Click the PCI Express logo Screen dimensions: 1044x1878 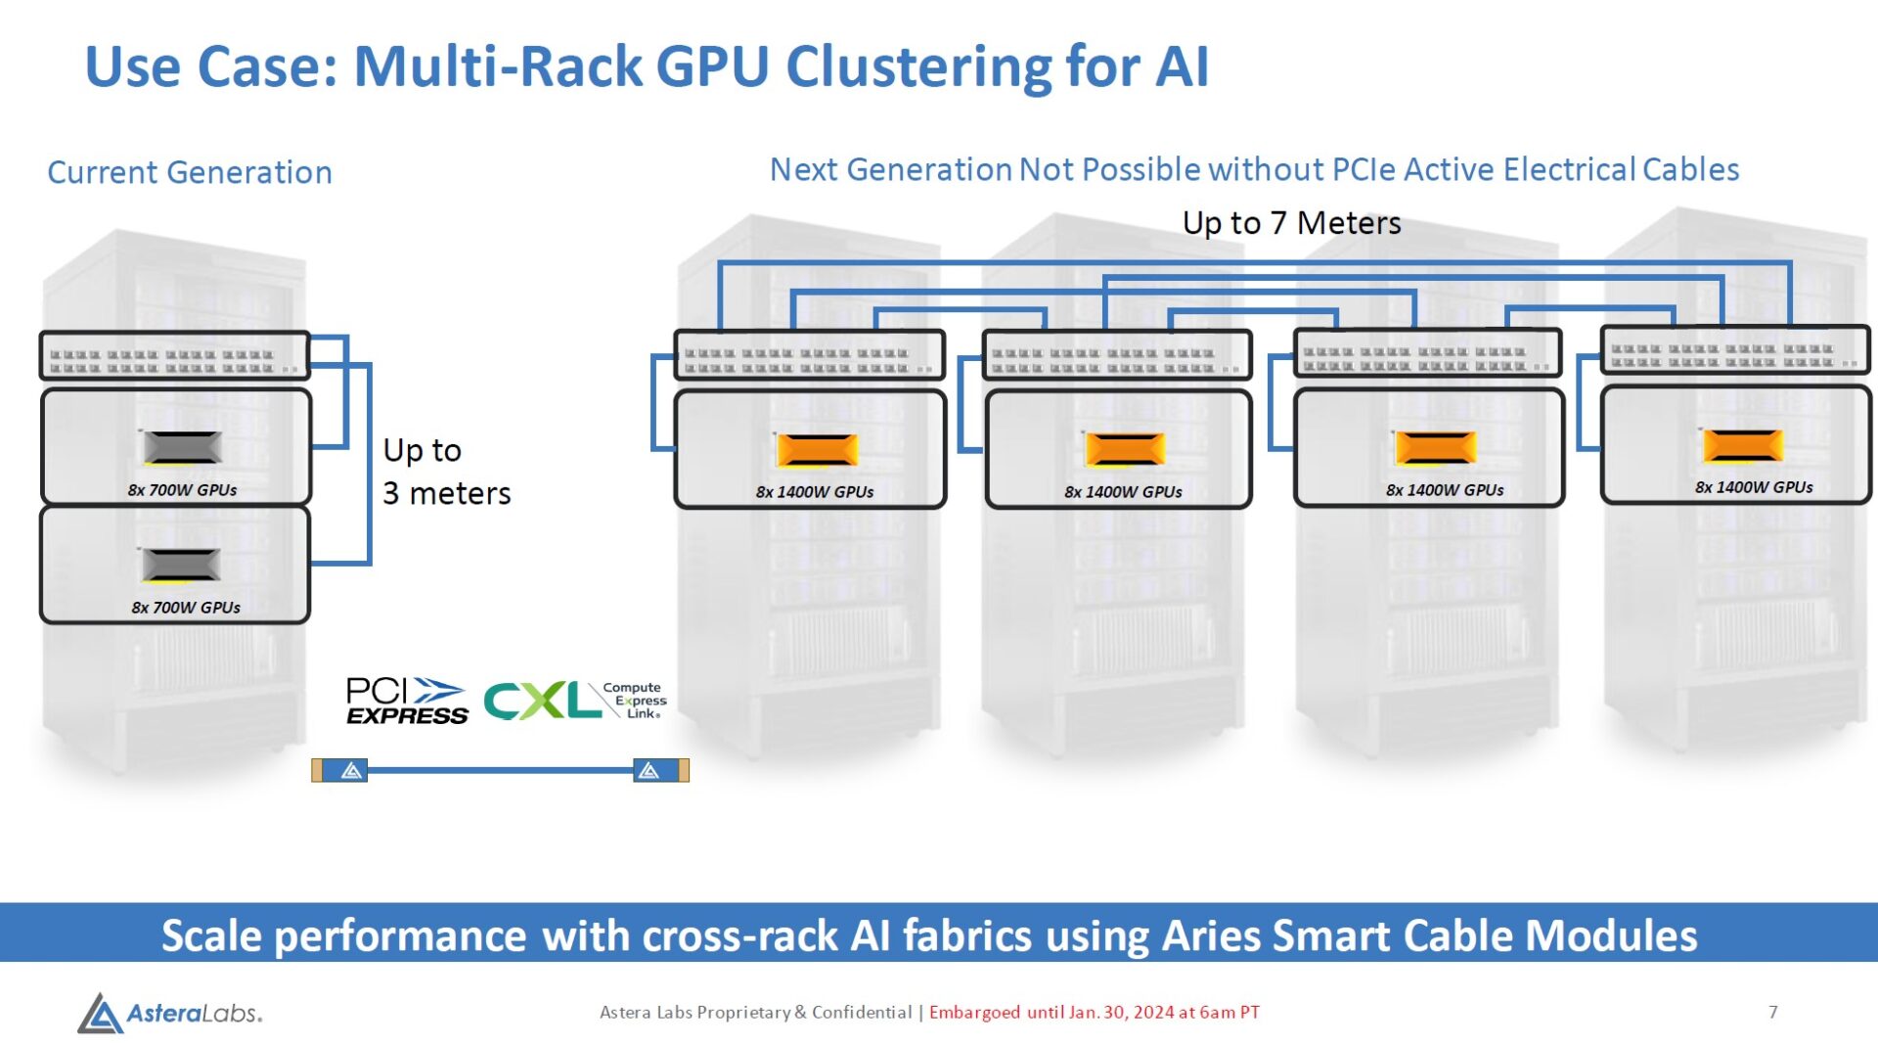pyautogui.click(x=407, y=702)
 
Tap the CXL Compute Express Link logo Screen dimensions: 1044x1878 pyautogui.click(x=575, y=701)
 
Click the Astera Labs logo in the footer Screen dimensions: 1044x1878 pyautogui.click(x=170, y=1013)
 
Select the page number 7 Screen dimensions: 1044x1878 pyautogui.click(x=1772, y=1012)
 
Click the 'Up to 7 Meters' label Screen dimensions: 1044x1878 pyautogui.click(x=1291, y=223)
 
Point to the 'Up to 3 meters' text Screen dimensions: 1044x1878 pyautogui.click(x=446, y=472)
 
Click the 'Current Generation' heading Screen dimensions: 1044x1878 pyautogui.click(x=190, y=172)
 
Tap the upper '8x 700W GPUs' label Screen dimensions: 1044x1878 pyautogui.click(x=182, y=490)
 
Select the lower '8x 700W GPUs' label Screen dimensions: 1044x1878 pyautogui.click(x=186, y=608)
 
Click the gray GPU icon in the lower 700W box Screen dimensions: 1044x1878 pyautogui.click(x=181, y=565)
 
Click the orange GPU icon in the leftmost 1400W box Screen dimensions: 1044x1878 pyautogui.click(x=817, y=449)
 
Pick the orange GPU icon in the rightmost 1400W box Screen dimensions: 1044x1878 pyautogui.click(x=1742, y=445)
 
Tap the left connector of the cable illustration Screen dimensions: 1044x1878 pyautogui.click(x=339, y=771)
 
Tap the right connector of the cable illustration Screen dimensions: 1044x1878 pyautogui.click(x=661, y=771)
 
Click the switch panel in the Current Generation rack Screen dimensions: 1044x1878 pyautogui.click(x=174, y=356)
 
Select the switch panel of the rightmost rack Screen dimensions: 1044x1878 pyautogui.click(x=1734, y=350)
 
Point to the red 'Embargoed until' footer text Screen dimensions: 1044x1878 pyautogui.click(x=1094, y=1012)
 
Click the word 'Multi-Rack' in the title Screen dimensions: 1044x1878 pyautogui.click(x=497, y=67)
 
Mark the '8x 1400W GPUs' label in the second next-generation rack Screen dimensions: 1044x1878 pyautogui.click(x=1123, y=492)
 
